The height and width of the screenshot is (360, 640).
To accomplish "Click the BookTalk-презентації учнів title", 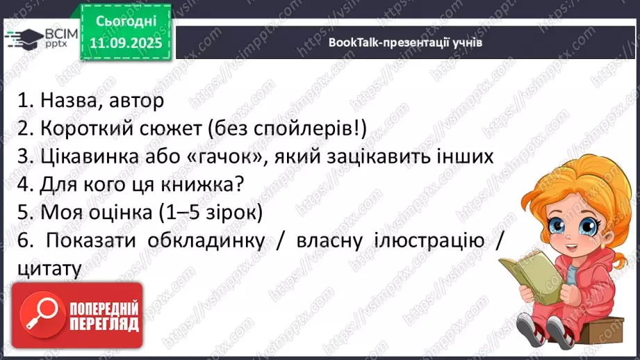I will [406, 42].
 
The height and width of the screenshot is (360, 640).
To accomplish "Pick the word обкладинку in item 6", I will [206, 240].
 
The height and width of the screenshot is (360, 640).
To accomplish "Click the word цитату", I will [48, 268].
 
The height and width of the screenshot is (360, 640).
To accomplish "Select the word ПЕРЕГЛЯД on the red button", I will [104, 324].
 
